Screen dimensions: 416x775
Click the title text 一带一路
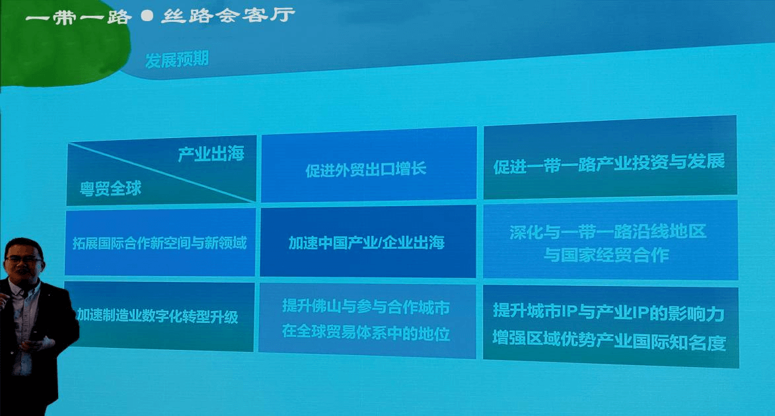pos(77,16)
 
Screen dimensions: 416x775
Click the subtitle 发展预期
pos(177,59)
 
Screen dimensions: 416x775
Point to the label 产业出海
pos(211,155)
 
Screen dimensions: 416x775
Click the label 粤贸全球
pos(110,189)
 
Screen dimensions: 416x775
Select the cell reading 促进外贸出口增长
pos(366,170)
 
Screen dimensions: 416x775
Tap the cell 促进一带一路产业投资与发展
pos(609,162)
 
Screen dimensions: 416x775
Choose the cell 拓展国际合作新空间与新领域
pos(159,243)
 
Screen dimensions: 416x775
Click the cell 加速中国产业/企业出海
pos(366,242)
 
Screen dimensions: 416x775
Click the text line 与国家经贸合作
pos(606,255)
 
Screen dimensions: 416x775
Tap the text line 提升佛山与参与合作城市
pos(366,307)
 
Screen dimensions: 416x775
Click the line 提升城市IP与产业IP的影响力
pos(609,313)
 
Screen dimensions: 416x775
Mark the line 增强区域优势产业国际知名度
pos(609,343)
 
